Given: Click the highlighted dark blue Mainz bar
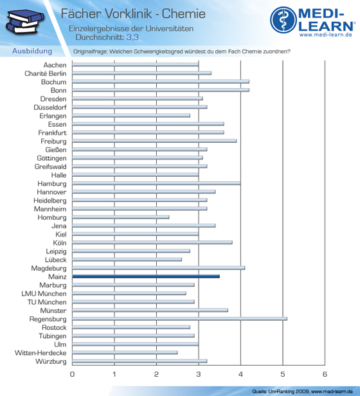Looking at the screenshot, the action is point(146,276).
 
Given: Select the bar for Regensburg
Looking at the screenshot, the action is point(179,319).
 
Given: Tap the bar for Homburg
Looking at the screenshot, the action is point(121,217).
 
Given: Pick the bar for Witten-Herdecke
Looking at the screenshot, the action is point(125,352).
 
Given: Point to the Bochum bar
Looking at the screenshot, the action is point(161,82).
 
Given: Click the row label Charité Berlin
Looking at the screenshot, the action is point(46,73).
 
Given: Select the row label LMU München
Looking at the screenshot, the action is point(44,294).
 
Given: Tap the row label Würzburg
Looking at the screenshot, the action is point(51,361).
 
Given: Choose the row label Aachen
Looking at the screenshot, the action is point(55,65).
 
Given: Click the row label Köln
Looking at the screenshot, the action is point(60,243).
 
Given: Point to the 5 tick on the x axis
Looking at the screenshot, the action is point(283,374).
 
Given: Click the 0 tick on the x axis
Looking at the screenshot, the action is point(72,374).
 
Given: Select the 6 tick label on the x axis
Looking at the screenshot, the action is point(325,374).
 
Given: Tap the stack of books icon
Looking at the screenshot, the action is point(25,22).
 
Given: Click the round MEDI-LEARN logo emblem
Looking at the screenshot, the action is point(283,20).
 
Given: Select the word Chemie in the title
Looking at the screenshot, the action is point(184,14).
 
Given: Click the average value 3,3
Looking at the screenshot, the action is point(132,37).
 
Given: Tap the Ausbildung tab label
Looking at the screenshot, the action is point(32,51).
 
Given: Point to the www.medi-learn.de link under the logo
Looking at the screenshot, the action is point(326,35).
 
